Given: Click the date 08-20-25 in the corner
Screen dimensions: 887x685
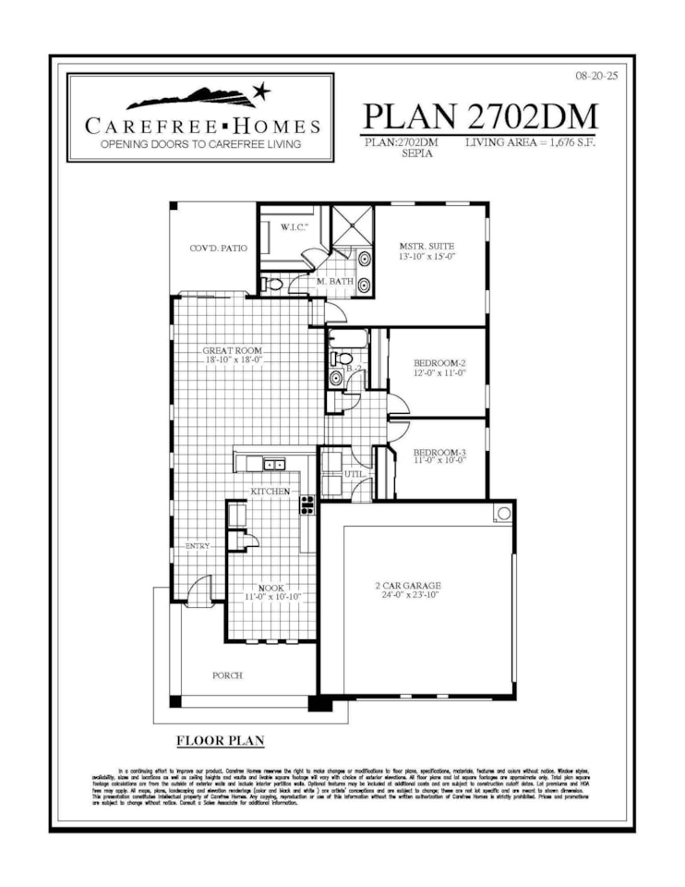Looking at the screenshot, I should [x=595, y=76].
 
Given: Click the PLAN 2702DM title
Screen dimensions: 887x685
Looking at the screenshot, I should [x=480, y=116].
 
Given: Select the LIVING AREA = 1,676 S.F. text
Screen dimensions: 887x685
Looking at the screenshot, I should [x=539, y=142].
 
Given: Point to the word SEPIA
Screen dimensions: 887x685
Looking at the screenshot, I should [x=416, y=154].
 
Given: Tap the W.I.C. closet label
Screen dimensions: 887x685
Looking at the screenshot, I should [x=294, y=228].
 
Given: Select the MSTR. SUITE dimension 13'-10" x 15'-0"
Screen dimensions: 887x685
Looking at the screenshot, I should [x=427, y=258].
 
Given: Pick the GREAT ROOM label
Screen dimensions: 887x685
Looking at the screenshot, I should [x=233, y=351].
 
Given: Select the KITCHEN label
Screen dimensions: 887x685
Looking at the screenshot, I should [x=270, y=491].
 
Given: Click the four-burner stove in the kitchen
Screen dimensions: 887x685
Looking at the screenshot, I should [x=307, y=504].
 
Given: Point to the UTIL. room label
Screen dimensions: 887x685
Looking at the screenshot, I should [x=355, y=473].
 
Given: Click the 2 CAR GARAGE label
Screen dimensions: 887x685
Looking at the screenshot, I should [x=407, y=585].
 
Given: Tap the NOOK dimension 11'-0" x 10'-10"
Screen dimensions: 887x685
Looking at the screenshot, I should [x=273, y=598].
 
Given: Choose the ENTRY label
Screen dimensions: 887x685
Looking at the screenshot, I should [x=198, y=546].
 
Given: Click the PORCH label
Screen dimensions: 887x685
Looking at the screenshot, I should [x=227, y=675].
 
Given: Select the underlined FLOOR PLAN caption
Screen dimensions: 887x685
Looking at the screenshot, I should [x=220, y=741].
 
